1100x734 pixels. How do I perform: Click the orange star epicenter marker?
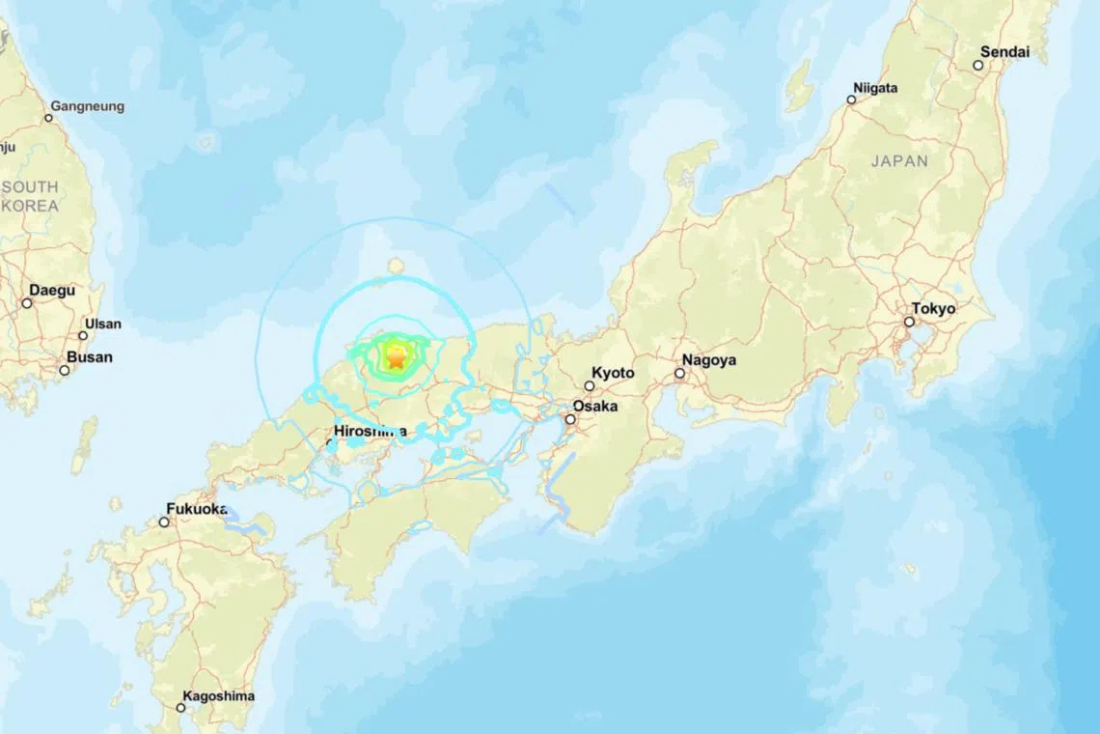click(396, 358)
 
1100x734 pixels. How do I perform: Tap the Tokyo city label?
click(933, 309)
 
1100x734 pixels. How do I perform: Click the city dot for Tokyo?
click(909, 322)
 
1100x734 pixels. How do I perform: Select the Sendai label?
click(1004, 51)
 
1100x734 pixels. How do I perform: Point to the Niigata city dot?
click(851, 99)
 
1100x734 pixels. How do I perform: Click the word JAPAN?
click(899, 161)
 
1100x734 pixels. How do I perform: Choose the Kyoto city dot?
click(590, 385)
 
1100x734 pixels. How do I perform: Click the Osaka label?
click(595, 406)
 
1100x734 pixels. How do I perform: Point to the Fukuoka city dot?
click(165, 522)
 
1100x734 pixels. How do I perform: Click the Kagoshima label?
click(219, 695)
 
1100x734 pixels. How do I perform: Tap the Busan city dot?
click(65, 370)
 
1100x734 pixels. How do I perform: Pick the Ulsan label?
click(103, 325)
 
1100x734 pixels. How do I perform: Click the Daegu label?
click(52, 290)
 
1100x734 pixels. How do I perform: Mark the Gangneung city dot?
click(48, 118)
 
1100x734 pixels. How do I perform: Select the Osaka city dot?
click(571, 419)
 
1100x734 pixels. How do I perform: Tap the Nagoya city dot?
click(679, 373)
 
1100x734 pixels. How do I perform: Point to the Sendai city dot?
click(977, 66)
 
